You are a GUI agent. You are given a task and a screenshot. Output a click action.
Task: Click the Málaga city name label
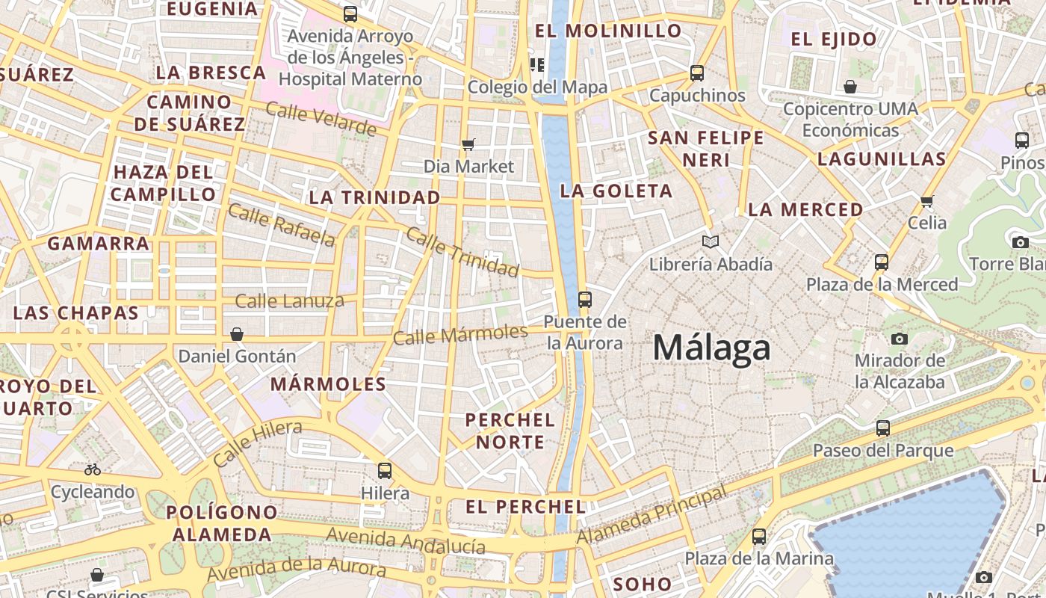(x=711, y=348)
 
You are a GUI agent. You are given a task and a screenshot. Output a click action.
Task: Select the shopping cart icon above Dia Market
(x=468, y=144)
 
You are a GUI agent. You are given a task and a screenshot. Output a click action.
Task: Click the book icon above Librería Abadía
(x=711, y=241)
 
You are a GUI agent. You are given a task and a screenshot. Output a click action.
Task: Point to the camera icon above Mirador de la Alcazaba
(x=900, y=339)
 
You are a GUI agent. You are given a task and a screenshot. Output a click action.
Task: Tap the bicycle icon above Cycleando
(x=93, y=469)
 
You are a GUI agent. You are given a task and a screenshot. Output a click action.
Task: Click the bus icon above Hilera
(x=385, y=470)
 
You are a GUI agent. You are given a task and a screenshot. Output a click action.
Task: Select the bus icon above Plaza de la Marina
(x=759, y=536)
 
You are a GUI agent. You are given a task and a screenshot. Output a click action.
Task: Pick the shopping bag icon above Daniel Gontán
(x=237, y=334)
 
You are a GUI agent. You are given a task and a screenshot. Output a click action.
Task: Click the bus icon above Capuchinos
(x=697, y=73)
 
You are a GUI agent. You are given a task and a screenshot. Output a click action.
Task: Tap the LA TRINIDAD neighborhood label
(x=374, y=197)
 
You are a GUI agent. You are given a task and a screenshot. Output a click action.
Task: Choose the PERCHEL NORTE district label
(x=510, y=431)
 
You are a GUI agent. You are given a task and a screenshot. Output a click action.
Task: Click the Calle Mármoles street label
(x=460, y=334)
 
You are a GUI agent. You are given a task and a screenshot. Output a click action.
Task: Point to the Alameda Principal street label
(x=652, y=515)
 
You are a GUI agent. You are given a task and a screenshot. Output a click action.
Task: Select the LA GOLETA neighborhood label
(x=616, y=191)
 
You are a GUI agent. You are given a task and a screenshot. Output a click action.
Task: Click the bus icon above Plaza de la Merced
(x=882, y=262)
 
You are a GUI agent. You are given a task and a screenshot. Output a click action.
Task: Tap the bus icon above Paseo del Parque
(x=883, y=428)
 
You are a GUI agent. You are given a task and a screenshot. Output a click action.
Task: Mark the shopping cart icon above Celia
(x=927, y=200)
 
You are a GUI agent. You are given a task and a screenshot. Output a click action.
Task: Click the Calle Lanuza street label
(x=290, y=301)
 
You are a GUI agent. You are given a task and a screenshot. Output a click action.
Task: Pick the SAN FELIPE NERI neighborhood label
(x=706, y=149)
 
